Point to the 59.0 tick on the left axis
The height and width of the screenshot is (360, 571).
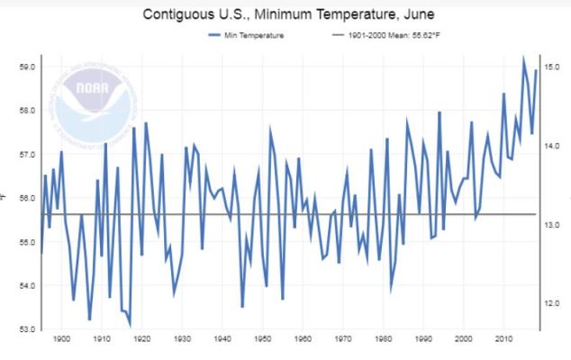click(26, 67)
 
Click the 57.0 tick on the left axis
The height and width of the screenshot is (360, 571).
click(26, 154)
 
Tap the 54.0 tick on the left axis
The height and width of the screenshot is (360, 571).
click(26, 285)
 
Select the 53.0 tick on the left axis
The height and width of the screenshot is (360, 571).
click(26, 328)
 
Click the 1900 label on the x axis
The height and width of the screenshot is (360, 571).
click(62, 339)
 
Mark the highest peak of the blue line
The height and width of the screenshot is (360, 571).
click(524, 59)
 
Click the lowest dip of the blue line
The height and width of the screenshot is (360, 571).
click(130, 325)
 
